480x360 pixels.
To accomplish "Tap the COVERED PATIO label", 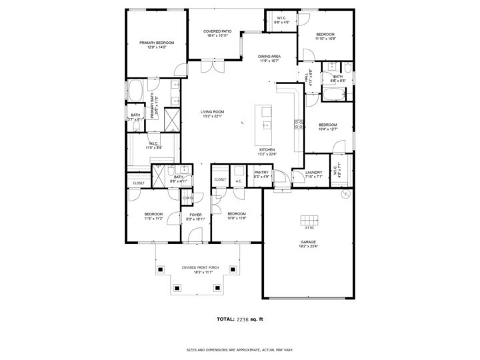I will tap(217, 31).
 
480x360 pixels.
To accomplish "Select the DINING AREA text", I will tap(269, 57).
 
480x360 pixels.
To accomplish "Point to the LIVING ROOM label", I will tap(213, 111).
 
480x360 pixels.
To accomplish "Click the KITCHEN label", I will tap(267, 150).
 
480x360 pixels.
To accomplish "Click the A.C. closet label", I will tap(239, 180).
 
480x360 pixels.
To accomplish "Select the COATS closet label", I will tap(188, 197).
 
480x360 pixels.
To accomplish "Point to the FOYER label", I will tap(195, 215).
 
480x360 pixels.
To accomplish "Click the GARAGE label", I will tap(308, 242).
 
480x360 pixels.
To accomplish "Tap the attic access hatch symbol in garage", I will tap(308, 221).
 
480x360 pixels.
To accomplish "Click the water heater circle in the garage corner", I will tap(345, 194).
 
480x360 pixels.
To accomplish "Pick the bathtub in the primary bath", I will tap(135, 90).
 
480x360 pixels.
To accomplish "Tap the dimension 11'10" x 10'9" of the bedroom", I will tap(325, 39).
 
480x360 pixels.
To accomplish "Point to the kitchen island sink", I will tap(267, 124).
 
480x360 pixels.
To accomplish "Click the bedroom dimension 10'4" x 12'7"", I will tap(327, 129).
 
